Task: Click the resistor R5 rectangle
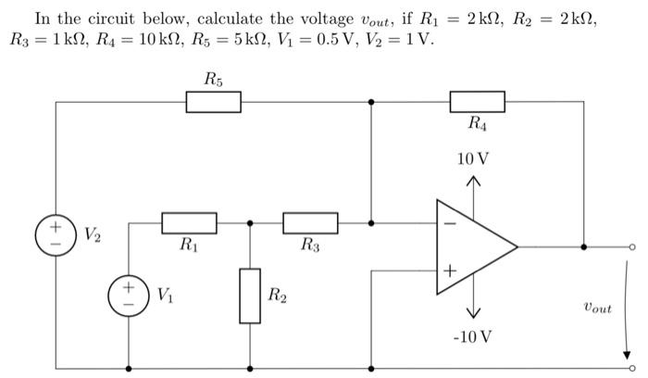[x=213, y=102]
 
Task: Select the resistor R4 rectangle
[x=477, y=102]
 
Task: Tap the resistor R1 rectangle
[x=189, y=223]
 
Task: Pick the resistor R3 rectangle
[x=310, y=223]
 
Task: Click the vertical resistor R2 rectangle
[x=250, y=296]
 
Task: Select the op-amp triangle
[x=472, y=247]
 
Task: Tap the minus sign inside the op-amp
[x=450, y=223]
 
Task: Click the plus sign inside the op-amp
[x=450, y=271]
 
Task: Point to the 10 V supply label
[x=473, y=159]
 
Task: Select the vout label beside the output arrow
[x=598, y=307]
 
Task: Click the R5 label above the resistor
[x=213, y=80]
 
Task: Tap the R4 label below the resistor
[x=477, y=123]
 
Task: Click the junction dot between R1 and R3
[x=250, y=223]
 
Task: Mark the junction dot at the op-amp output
[x=583, y=247]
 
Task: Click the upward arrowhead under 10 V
[x=473, y=181]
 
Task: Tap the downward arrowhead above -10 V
[x=473, y=313]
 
